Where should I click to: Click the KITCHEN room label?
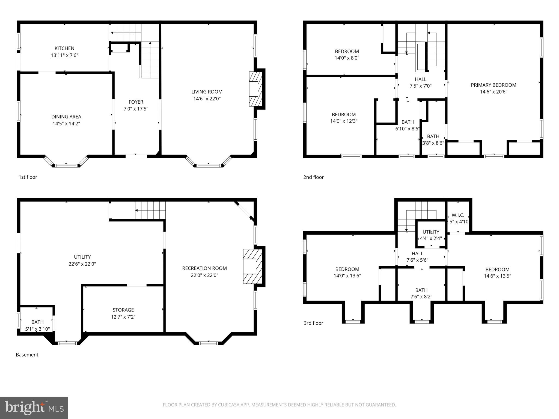click(64, 48)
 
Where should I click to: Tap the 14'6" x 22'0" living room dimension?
click(207, 99)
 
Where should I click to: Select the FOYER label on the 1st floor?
click(136, 102)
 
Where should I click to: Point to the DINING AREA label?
click(66, 117)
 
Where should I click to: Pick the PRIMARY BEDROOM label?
click(493, 85)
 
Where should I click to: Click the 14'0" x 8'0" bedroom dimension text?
click(347, 58)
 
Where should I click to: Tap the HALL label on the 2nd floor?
click(420, 79)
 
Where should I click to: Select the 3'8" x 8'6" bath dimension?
click(433, 143)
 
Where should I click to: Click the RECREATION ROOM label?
click(204, 268)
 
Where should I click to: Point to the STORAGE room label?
click(123, 310)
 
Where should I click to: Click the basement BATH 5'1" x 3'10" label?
click(37, 322)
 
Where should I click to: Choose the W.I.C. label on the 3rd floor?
click(458, 215)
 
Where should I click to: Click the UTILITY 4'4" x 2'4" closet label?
click(431, 232)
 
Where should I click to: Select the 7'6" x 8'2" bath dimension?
click(421, 297)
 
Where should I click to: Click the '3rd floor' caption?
click(313, 323)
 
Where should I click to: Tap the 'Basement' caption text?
click(27, 355)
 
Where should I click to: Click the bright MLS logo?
click(34, 408)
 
